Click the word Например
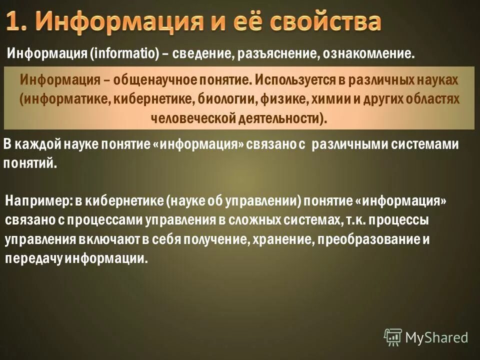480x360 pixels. pos(36,201)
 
